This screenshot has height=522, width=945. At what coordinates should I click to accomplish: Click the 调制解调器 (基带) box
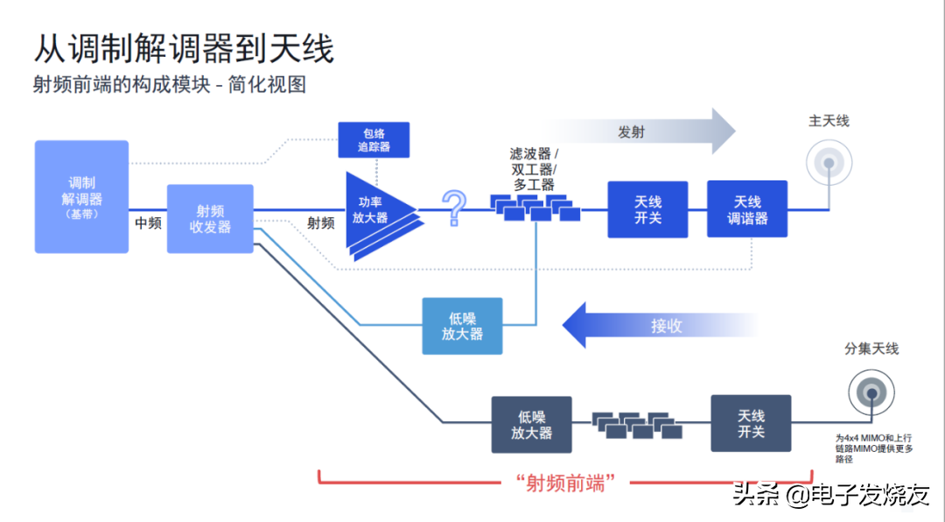81,197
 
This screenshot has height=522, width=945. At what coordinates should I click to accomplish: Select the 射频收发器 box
210,218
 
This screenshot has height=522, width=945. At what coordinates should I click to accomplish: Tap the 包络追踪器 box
374,140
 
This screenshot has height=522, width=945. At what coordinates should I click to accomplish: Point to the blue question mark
453,208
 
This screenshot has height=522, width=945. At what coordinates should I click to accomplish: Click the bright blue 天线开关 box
647,209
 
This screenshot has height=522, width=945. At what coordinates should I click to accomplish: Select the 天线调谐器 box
747,209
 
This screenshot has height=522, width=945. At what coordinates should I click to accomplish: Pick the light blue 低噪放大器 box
462,326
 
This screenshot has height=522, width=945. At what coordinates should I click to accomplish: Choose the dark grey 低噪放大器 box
531,425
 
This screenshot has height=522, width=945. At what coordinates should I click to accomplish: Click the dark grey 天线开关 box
751,424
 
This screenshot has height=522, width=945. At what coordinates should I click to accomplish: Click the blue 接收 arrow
656,326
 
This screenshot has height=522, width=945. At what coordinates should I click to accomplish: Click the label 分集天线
871,349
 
